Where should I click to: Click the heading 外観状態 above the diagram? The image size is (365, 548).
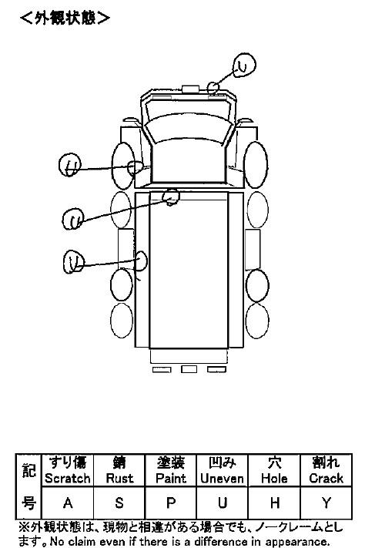pos(65,18)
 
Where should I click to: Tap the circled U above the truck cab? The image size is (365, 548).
pos(245,65)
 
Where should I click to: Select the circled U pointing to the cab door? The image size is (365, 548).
pos(69,165)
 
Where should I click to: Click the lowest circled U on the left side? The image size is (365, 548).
pos(74,261)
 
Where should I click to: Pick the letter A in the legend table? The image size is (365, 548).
pos(68,503)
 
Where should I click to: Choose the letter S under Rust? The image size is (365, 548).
pos(119,503)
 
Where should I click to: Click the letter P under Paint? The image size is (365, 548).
pos(171,503)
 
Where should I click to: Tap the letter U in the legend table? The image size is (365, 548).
pos(222,503)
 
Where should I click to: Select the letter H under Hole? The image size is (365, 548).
pos(275,503)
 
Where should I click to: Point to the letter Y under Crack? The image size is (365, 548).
pos(326,503)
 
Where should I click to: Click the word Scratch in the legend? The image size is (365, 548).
pos(68,478)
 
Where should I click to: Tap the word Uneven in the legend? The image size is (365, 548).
pos(222,478)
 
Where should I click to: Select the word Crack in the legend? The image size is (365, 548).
pos(326,478)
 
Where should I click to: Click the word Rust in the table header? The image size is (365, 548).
pos(119,478)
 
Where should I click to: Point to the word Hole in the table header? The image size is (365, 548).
pos(275,478)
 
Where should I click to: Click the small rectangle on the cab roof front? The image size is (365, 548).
pos(190,89)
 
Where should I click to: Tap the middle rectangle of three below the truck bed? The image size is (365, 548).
pos(189,369)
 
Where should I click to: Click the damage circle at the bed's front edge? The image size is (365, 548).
pos(171,197)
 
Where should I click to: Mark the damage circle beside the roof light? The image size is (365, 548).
pos(213,87)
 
